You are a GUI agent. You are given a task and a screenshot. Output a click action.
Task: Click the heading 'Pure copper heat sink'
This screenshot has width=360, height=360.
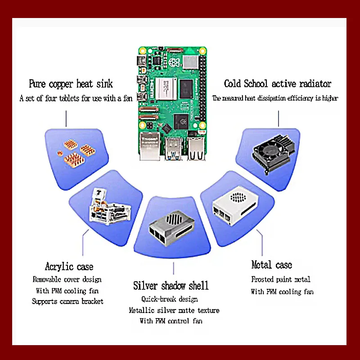click(71, 84)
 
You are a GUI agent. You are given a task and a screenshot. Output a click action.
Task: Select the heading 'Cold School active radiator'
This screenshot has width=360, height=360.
click(278, 84)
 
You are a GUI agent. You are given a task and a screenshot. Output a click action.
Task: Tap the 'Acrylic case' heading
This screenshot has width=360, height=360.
click(69, 267)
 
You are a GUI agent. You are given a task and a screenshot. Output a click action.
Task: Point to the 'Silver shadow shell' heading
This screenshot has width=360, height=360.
click(171, 286)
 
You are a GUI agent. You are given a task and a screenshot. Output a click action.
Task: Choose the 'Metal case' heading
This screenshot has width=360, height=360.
click(271, 265)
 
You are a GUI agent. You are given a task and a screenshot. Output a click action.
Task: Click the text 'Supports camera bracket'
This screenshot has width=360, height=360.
click(67, 301)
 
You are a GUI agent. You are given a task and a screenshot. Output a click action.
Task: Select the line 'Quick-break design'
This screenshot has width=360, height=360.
click(169, 299)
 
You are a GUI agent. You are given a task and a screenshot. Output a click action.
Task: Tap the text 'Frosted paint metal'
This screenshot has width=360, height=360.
click(281, 279)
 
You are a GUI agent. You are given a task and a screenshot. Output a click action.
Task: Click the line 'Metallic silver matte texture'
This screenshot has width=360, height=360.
click(174, 310)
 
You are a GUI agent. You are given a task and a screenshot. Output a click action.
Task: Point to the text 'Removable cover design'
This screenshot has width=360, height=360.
click(67, 279)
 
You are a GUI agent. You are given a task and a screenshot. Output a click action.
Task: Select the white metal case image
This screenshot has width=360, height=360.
click(233, 207)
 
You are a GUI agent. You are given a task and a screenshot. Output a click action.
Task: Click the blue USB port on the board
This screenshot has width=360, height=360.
click(172, 148)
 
